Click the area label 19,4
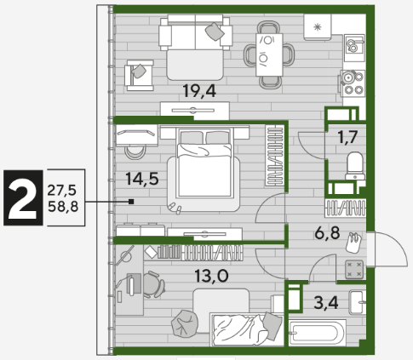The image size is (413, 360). [199, 91]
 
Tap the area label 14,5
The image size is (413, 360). [142, 179]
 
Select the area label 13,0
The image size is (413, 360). [211, 276]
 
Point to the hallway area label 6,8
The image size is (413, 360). [327, 233]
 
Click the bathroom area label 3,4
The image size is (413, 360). [326, 303]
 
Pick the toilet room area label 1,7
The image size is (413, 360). [347, 137]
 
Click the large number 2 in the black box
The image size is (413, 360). [23, 197]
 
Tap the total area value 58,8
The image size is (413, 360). [63, 206]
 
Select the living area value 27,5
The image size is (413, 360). [61, 190]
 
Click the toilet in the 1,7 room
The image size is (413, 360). [355, 165]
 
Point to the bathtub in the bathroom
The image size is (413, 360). [318, 333]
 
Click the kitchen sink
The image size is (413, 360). [354, 48]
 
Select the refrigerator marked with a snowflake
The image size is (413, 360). [318, 27]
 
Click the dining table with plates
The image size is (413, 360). [269, 54]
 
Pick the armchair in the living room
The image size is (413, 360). [140, 75]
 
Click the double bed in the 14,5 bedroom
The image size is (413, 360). [204, 163]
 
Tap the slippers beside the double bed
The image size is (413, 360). [175, 209]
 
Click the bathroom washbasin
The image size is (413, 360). [357, 302]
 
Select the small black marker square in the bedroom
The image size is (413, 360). [131, 202]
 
